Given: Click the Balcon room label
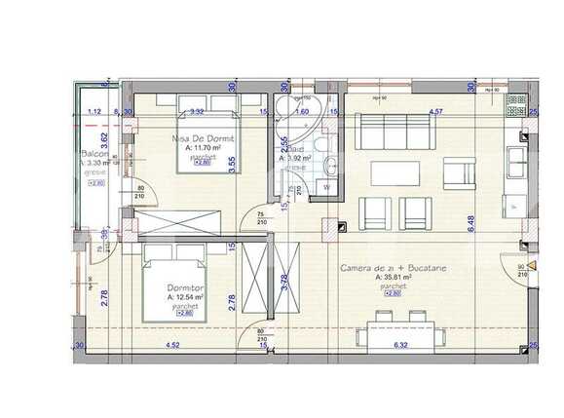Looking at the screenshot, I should [94, 154].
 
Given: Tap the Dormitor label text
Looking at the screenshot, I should [185, 287].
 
